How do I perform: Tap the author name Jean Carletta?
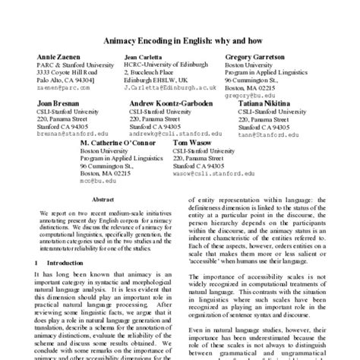coord(146,58)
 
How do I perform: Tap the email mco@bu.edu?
coord(96,180)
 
